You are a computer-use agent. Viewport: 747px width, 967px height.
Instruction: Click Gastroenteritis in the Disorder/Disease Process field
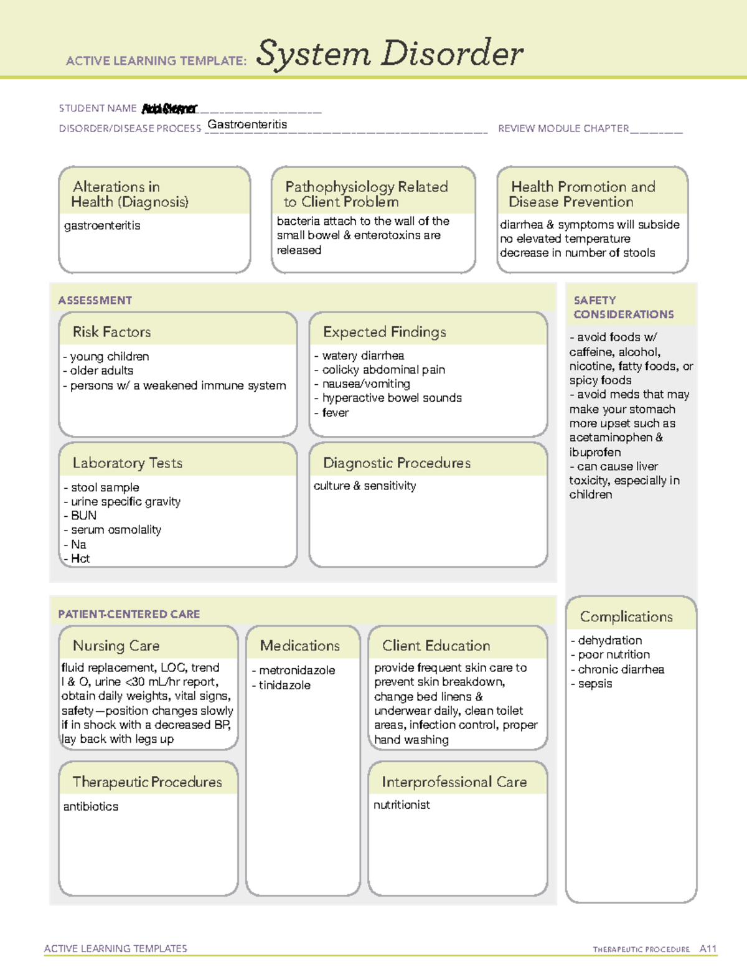point(247,125)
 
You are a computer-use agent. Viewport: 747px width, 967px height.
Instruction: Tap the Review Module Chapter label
point(563,128)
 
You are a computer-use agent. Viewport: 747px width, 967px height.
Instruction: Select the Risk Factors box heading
point(112,332)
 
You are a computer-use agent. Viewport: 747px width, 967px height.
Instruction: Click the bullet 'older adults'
point(101,370)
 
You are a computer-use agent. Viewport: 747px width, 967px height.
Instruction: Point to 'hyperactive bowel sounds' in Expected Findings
point(392,398)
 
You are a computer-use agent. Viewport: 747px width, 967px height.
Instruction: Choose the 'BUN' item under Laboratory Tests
point(83,516)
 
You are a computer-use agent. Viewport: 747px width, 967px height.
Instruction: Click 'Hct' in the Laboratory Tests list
point(80,559)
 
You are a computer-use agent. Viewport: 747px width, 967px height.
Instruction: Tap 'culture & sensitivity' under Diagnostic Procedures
point(365,486)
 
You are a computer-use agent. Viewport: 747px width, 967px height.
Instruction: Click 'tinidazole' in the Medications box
point(284,685)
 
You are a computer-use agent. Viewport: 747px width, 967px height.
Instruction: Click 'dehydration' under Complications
point(609,640)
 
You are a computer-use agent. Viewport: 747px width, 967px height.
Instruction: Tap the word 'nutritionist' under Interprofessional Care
point(402,804)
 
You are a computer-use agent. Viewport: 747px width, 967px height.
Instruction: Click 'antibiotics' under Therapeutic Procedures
point(91,806)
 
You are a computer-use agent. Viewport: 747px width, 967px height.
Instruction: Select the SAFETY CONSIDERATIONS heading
point(623,308)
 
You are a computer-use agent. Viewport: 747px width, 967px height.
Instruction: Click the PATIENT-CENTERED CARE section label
point(129,614)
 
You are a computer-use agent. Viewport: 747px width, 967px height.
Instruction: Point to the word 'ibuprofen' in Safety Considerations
point(594,452)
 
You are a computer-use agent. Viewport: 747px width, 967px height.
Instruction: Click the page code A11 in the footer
point(708,949)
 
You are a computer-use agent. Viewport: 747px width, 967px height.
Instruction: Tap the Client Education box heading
point(436,646)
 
